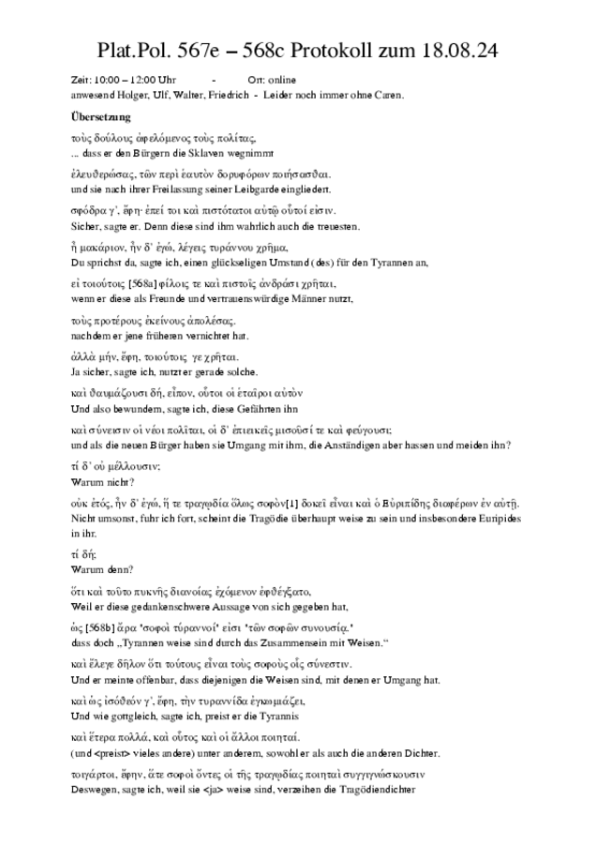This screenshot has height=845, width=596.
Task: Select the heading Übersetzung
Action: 99,117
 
